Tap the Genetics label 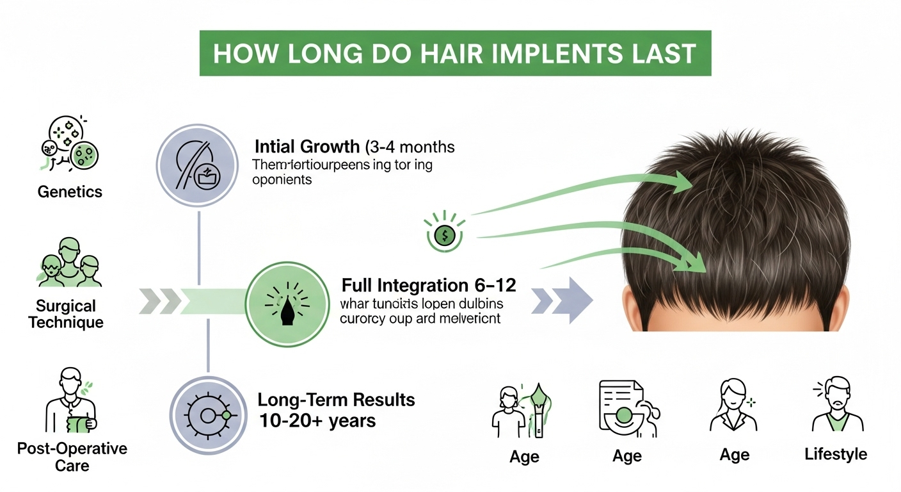69,192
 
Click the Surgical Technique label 66,314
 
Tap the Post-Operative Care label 72,456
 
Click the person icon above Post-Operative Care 70,401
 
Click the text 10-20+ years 317,421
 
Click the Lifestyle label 836,455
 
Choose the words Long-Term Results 336,400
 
